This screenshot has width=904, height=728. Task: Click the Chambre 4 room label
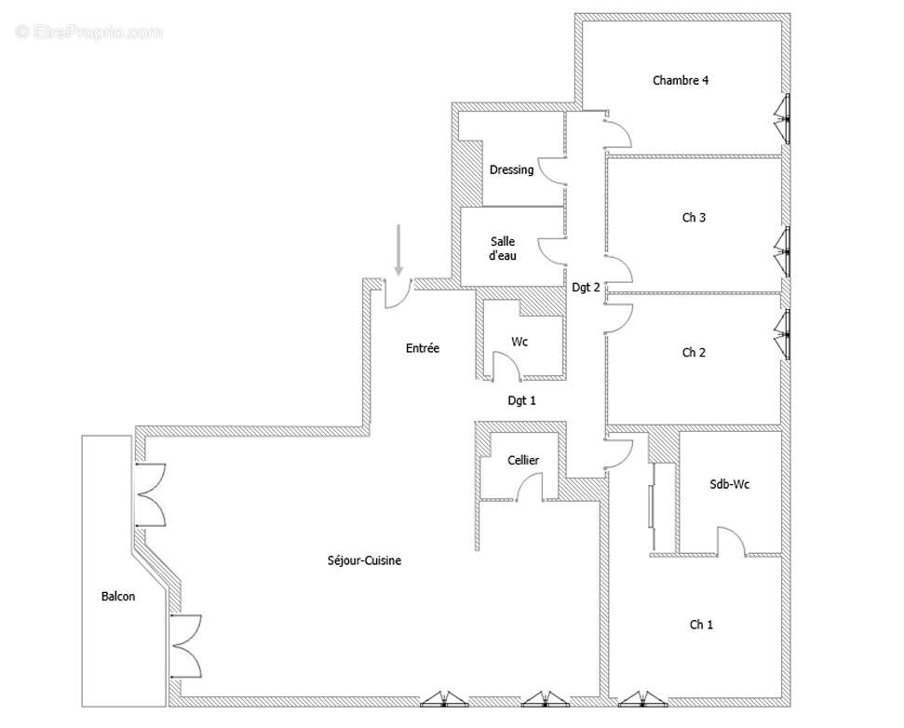pyautogui.click(x=681, y=81)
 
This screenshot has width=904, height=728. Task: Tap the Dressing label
pyautogui.click(x=511, y=170)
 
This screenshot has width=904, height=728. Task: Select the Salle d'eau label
pyautogui.click(x=503, y=249)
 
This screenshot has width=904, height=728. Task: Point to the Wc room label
pyautogui.click(x=519, y=342)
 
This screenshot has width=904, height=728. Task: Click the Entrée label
pyautogui.click(x=423, y=348)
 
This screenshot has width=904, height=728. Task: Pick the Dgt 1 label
pyautogui.click(x=521, y=400)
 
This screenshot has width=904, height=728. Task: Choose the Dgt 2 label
pyautogui.click(x=586, y=287)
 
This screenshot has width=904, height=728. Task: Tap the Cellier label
pyautogui.click(x=523, y=460)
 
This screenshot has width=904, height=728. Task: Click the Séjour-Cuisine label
pyautogui.click(x=364, y=560)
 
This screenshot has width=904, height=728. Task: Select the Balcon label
pyautogui.click(x=118, y=597)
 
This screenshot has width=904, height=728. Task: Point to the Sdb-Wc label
pyautogui.click(x=729, y=485)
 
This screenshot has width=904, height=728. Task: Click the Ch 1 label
pyautogui.click(x=701, y=625)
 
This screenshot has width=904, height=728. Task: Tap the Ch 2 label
pyautogui.click(x=694, y=353)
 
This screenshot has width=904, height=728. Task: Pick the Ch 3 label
pyautogui.click(x=694, y=217)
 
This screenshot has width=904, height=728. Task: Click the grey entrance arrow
pyautogui.click(x=398, y=250)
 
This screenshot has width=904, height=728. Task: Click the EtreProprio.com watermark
pyautogui.click(x=89, y=32)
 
